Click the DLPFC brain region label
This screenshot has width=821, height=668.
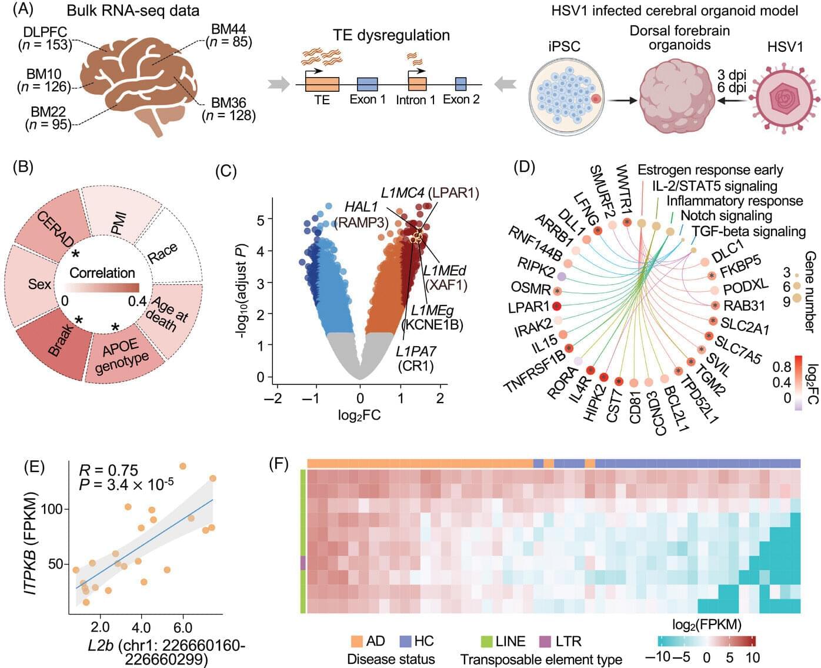point(45,31)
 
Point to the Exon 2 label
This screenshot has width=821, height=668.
point(461,99)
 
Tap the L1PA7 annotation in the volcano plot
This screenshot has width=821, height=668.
point(416,352)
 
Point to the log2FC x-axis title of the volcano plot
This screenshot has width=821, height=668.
point(359,416)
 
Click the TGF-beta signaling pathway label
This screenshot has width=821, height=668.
point(748,231)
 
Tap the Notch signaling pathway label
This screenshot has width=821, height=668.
point(726,216)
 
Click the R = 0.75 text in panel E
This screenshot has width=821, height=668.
point(109,470)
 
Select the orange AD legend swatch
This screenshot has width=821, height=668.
point(356,641)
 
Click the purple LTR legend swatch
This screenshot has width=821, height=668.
point(545,641)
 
